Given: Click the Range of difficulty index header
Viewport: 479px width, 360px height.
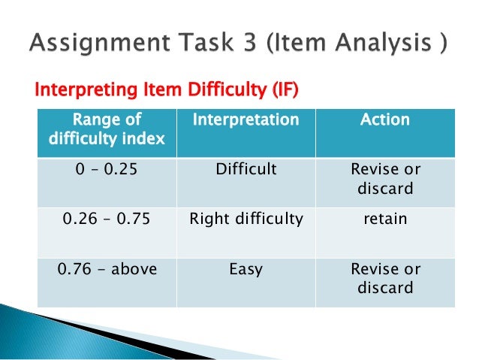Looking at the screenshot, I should click(106, 129).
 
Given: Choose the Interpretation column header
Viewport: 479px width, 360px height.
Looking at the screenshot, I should click(246, 120).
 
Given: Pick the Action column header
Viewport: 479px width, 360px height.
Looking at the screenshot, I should click(385, 120).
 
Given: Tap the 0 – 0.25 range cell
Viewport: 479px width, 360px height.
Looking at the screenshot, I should click(106, 170).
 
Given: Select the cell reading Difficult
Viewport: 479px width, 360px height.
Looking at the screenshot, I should click(246, 170).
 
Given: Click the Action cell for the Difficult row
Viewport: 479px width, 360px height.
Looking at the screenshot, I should click(385, 179).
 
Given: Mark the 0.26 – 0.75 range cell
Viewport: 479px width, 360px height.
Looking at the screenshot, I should click(106, 219).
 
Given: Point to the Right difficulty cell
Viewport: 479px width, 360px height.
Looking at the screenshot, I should click(246, 219).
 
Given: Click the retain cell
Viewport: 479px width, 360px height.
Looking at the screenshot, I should click(385, 219).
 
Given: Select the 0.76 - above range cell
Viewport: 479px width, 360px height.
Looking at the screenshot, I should click(106, 269).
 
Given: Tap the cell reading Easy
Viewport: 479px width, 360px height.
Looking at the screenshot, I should click(246, 269).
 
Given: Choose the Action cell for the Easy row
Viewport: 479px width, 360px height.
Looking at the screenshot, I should click(385, 278).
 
